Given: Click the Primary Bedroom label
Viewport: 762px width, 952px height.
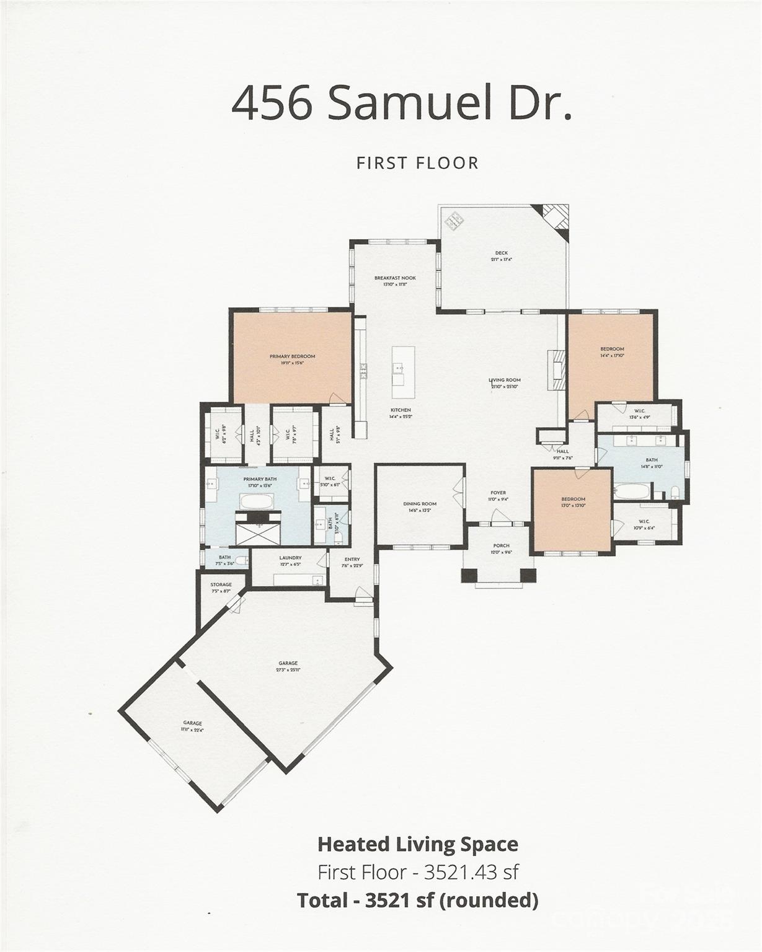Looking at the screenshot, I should pos(292,356).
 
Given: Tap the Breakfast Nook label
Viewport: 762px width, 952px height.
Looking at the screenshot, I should pos(394,278).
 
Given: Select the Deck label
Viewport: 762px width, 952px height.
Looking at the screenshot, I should pos(501,253).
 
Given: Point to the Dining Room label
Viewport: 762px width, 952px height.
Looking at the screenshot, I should pos(420,504).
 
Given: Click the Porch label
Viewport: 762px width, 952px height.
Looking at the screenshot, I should pos(501,546).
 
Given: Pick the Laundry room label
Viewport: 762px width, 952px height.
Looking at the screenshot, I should pos(290,558).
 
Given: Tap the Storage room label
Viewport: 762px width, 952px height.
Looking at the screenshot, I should pos(221,584).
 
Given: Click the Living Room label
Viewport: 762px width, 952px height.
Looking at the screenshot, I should pos(505,380).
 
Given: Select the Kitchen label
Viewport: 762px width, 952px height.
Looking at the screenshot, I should pos(401,410).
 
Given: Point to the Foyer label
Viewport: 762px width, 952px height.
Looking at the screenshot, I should pos(498,493).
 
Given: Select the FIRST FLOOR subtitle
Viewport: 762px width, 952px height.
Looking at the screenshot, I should pos(417,163).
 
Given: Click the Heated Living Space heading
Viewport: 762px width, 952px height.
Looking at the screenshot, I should pos(417,844).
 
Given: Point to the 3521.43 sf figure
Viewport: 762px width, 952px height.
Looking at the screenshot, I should pos(471,872).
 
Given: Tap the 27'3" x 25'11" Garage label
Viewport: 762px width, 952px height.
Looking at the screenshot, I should pos(288,663).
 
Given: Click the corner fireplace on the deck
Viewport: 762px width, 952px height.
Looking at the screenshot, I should pos(555,218).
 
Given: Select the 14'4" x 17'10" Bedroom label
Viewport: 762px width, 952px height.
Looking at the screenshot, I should pos(612,349).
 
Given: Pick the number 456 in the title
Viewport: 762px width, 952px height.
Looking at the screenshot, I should pos(271,103).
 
